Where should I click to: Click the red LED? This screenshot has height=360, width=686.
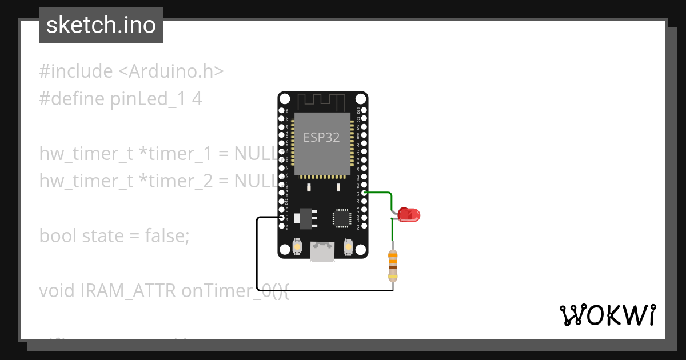[x=409, y=215]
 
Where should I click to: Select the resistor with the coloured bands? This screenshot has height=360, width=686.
[x=393, y=266]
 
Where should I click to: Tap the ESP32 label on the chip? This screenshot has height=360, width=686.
[x=321, y=138]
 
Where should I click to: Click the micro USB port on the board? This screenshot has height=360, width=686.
[x=323, y=251]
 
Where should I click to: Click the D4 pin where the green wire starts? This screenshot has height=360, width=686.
[x=364, y=193]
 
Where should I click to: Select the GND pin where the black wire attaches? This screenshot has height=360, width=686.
[x=281, y=218]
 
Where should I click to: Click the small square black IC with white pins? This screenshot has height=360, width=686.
[x=342, y=218]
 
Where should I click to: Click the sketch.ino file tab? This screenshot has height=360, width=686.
[x=101, y=25]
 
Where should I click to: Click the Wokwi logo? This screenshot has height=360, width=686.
[x=607, y=315]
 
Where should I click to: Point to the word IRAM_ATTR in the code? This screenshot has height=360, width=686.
[x=128, y=290]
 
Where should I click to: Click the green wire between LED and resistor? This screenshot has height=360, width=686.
[x=392, y=234]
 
